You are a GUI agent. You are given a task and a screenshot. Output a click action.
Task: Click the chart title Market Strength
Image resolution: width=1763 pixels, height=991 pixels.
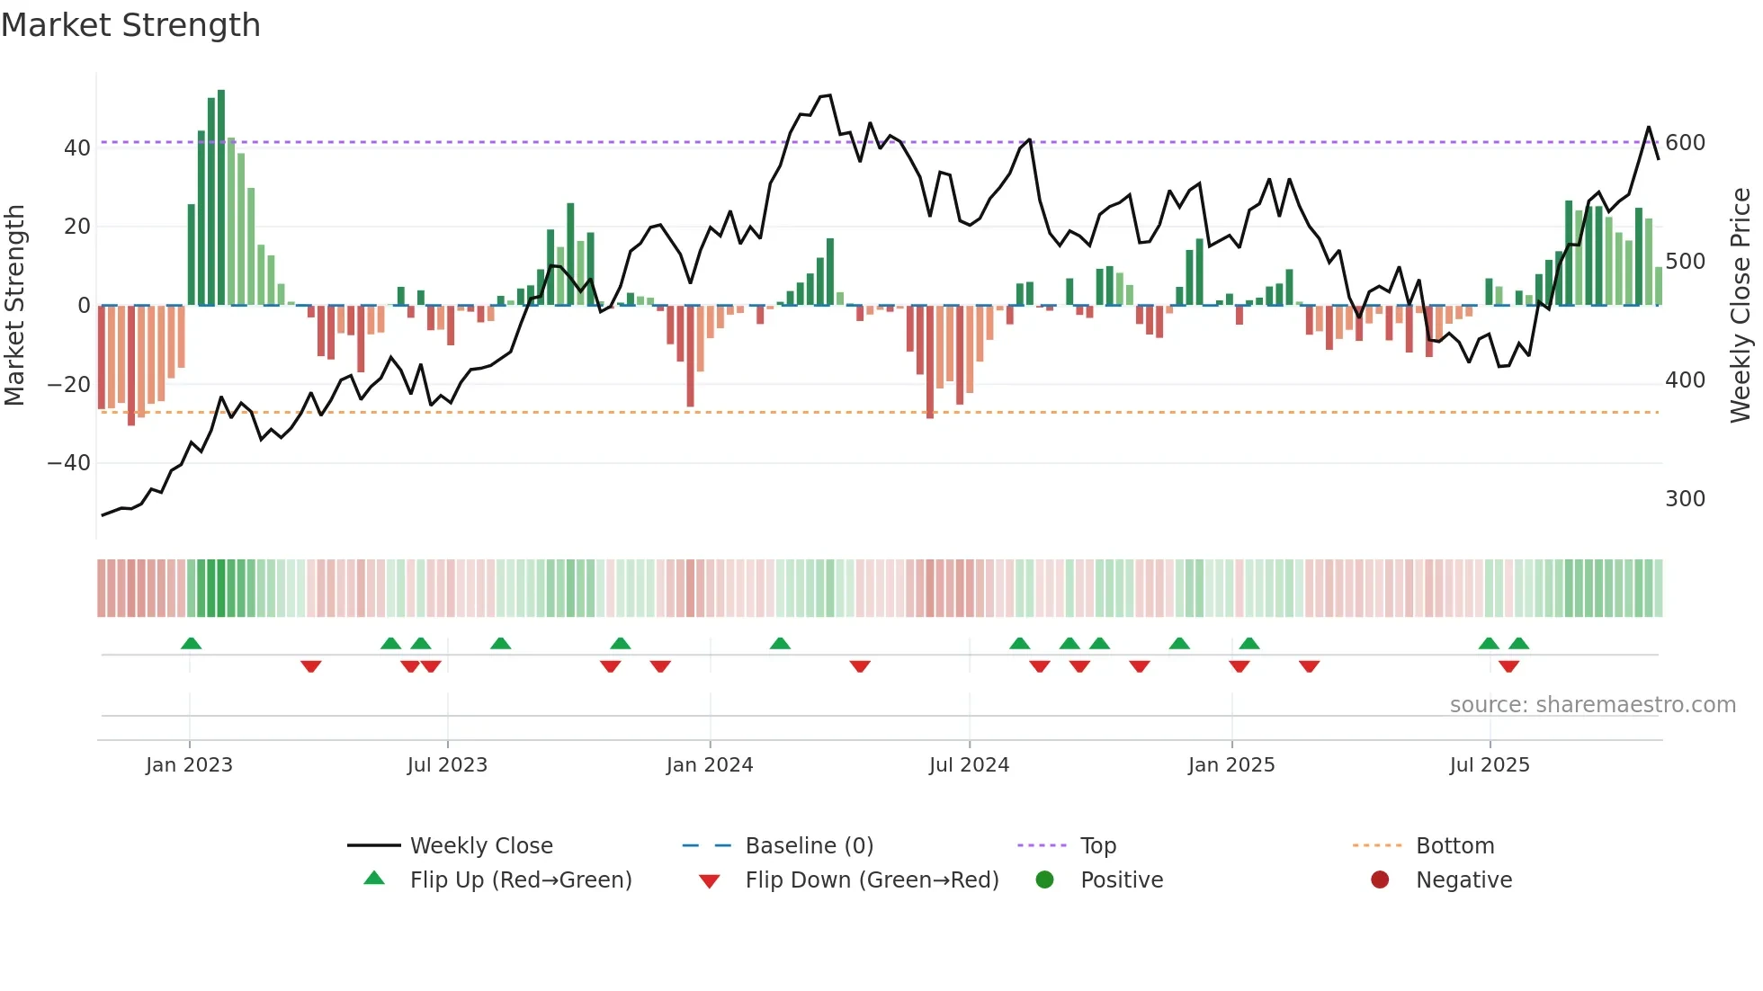(130, 25)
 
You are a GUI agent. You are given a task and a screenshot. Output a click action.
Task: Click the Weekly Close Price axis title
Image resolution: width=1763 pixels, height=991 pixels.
(1741, 305)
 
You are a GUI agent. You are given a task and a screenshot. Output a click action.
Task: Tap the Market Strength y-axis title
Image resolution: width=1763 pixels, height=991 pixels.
(15, 305)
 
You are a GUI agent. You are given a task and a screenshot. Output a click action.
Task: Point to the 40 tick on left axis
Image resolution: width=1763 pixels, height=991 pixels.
(77, 147)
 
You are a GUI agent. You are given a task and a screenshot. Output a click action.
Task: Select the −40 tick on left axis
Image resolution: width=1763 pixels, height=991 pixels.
(69, 463)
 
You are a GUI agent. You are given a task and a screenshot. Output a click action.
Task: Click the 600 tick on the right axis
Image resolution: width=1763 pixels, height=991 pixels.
(1685, 143)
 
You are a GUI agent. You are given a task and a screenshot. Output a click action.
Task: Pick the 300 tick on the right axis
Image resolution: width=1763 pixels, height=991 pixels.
(1685, 499)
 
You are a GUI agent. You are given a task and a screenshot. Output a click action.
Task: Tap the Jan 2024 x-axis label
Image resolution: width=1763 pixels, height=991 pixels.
(709, 765)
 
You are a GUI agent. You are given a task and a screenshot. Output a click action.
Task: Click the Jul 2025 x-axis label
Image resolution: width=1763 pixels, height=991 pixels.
(1489, 765)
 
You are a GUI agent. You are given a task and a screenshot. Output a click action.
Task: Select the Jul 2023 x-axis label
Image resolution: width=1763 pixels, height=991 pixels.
(447, 765)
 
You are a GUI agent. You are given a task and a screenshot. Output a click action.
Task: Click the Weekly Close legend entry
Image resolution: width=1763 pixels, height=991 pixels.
(480, 846)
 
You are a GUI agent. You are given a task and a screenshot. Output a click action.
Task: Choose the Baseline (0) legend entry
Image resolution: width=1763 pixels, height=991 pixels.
(809, 846)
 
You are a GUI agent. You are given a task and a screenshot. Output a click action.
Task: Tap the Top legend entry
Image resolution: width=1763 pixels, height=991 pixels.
(1097, 846)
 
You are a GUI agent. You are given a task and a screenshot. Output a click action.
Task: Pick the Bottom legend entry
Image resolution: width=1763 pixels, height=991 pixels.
(1454, 846)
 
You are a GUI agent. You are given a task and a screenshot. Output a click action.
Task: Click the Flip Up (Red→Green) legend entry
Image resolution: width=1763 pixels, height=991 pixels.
(520, 880)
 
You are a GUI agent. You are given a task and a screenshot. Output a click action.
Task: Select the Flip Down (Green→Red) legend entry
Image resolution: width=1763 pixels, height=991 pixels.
(871, 880)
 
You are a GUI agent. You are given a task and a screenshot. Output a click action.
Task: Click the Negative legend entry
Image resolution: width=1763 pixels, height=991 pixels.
(1463, 880)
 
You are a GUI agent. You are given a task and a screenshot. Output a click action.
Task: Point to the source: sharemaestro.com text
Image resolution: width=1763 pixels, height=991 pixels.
(1592, 705)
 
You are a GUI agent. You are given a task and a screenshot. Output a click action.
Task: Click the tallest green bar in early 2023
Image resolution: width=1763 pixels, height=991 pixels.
(221, 198)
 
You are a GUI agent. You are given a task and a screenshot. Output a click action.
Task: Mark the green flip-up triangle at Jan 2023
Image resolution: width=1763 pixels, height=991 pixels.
(191, 643)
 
